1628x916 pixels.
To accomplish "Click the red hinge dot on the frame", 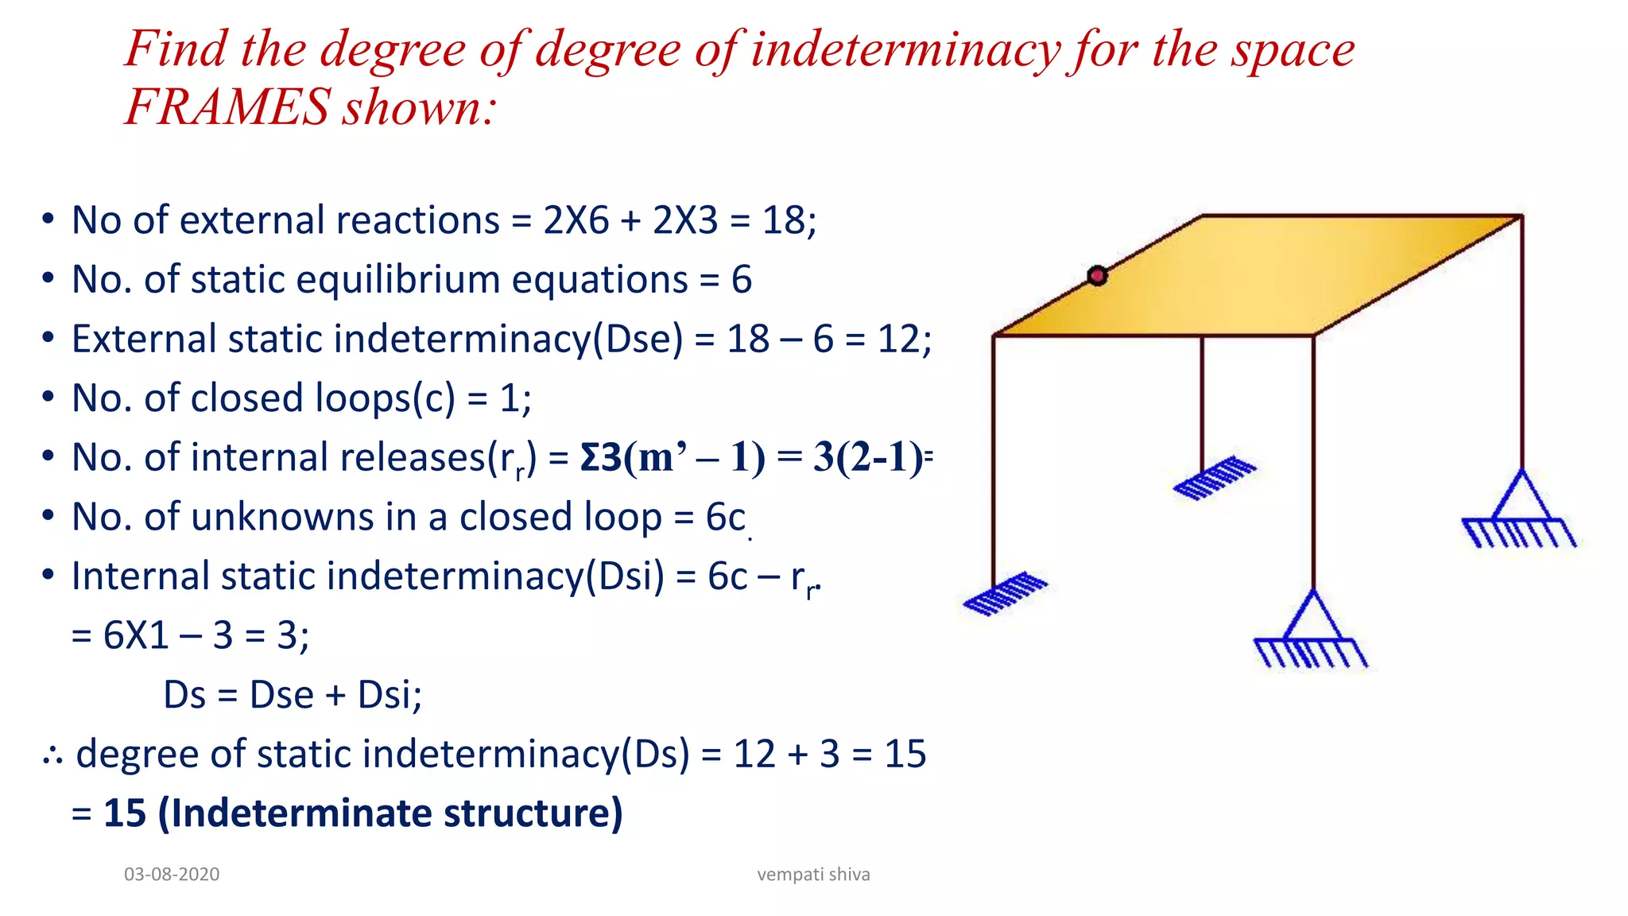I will point(1097,276).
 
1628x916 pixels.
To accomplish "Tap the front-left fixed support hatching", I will point(1005,593).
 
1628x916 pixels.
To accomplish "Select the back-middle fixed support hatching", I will point(1215,477).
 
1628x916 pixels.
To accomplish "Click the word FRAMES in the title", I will point(228,107).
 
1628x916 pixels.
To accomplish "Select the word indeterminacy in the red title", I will point(905,49).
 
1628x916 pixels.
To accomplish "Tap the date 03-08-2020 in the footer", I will point(172,874).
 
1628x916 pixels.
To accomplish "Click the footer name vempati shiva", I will point(813,874).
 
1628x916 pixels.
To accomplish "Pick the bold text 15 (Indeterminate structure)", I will point(362,813).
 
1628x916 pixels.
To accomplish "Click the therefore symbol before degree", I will point(53,755).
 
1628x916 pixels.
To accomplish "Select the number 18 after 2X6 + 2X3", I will point(783,220).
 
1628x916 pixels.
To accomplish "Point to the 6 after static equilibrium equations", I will point(741,280).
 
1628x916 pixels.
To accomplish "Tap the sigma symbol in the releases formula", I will point(589,458).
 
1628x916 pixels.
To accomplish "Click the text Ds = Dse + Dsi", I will point(293,694).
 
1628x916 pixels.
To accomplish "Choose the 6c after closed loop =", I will point(725,518).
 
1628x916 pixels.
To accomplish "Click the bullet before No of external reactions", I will point(48,219).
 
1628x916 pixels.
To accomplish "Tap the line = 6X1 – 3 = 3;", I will point(190,635).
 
